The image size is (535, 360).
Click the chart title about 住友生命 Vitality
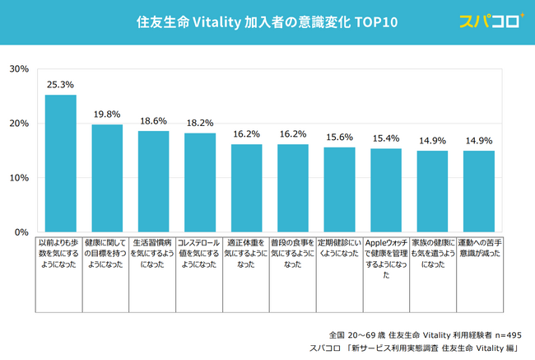(x=267, y=22)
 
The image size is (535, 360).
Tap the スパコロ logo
(x=492, y=21)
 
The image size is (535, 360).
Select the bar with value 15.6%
(x=339, y=189)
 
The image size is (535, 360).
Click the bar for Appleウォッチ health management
(x=385, y=190)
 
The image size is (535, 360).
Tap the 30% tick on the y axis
(x=20, y=69)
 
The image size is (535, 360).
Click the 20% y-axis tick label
(x=20, y=124)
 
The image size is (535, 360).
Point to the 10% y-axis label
(x=20, y=178)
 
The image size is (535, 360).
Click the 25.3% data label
(x=60, y=84)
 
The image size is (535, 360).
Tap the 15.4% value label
(x=385, y=138)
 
